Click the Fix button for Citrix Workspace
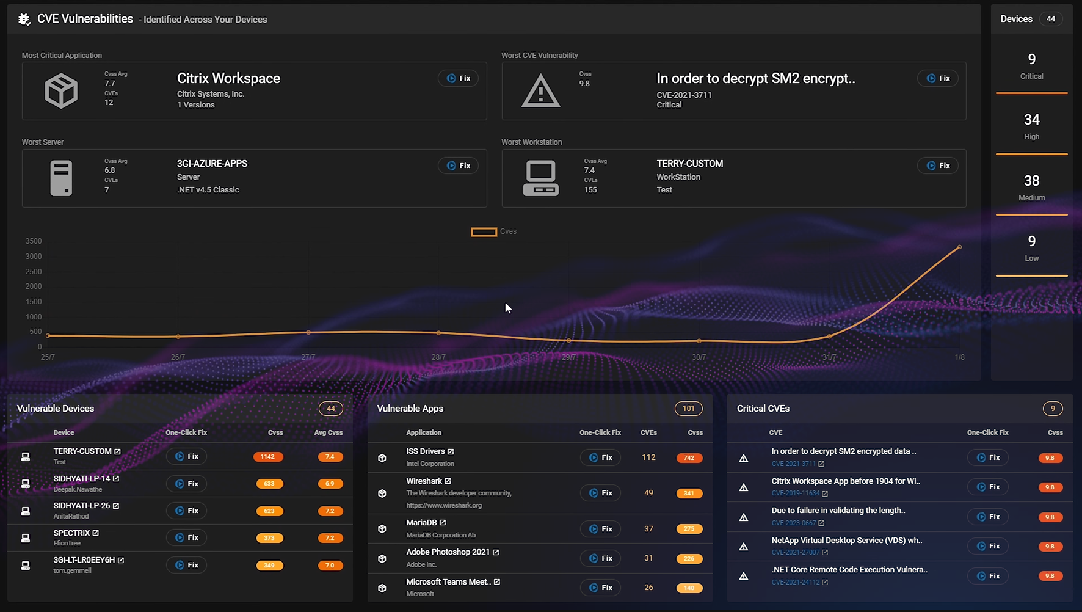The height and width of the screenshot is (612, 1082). pos(458,78)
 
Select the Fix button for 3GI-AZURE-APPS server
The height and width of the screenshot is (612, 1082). pos(458,166)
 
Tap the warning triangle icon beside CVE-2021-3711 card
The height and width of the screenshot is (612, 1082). pos(540,91)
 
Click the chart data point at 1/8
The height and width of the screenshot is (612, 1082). pos(959,247)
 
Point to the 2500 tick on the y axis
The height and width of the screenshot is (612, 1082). pos(34,272)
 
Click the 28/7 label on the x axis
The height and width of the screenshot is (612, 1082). pos(438,357)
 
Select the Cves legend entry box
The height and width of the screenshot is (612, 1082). pos(484,231)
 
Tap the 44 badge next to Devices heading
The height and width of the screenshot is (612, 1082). pos(1051,19)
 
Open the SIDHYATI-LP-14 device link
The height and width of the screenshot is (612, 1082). pos(82,479)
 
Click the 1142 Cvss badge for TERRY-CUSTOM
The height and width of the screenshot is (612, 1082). pos(267,457)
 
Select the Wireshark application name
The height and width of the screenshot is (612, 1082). pos(424,481)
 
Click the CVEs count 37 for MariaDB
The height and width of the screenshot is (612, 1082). pos(648,529)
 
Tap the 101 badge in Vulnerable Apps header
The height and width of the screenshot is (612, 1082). pos(688,409)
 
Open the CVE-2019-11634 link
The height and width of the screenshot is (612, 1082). pos(796,494)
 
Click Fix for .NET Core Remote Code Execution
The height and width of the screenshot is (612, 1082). pos(987,576)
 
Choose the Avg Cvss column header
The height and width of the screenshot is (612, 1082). pos(328,432)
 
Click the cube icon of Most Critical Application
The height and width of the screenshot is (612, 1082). pos(61,91)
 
